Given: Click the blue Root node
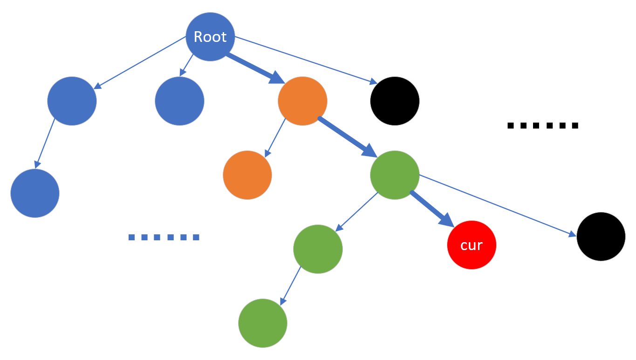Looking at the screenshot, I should pos(210,36).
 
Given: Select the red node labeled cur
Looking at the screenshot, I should pos(472,245).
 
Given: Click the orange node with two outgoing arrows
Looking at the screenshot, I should pos(302,101).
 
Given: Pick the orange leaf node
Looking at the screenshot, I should pos(247,175).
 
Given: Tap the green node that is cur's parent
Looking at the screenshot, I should pos(395,175).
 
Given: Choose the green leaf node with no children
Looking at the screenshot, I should pos(263,323).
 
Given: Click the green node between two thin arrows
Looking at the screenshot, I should pos(318,249).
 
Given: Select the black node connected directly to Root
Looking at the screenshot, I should pos(395,101).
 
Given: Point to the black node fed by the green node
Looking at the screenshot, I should pos(601,237).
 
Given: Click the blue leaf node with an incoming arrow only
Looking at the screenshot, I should pos(35,193).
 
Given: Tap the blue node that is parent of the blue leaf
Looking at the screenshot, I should pos(72,101).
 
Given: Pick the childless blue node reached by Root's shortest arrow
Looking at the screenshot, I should pos(179,101).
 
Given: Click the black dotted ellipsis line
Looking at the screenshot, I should pos(542,125).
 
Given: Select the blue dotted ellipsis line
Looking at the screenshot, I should pos(164,237).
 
